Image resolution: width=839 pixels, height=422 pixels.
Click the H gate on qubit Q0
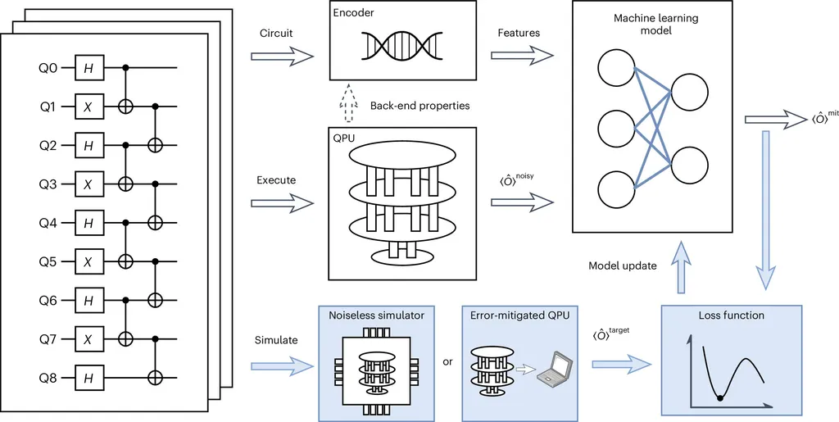click(x=88, y=70)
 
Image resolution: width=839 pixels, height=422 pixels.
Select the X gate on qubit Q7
click(x=88, y=338)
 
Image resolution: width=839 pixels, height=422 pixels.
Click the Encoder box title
click(x=355, y=14)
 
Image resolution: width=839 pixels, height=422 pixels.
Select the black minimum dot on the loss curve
click(x=720, y=397)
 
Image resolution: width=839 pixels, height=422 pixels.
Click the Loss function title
click(x=732, y=315)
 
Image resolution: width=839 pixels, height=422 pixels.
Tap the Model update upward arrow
click(x=679, y=270)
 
